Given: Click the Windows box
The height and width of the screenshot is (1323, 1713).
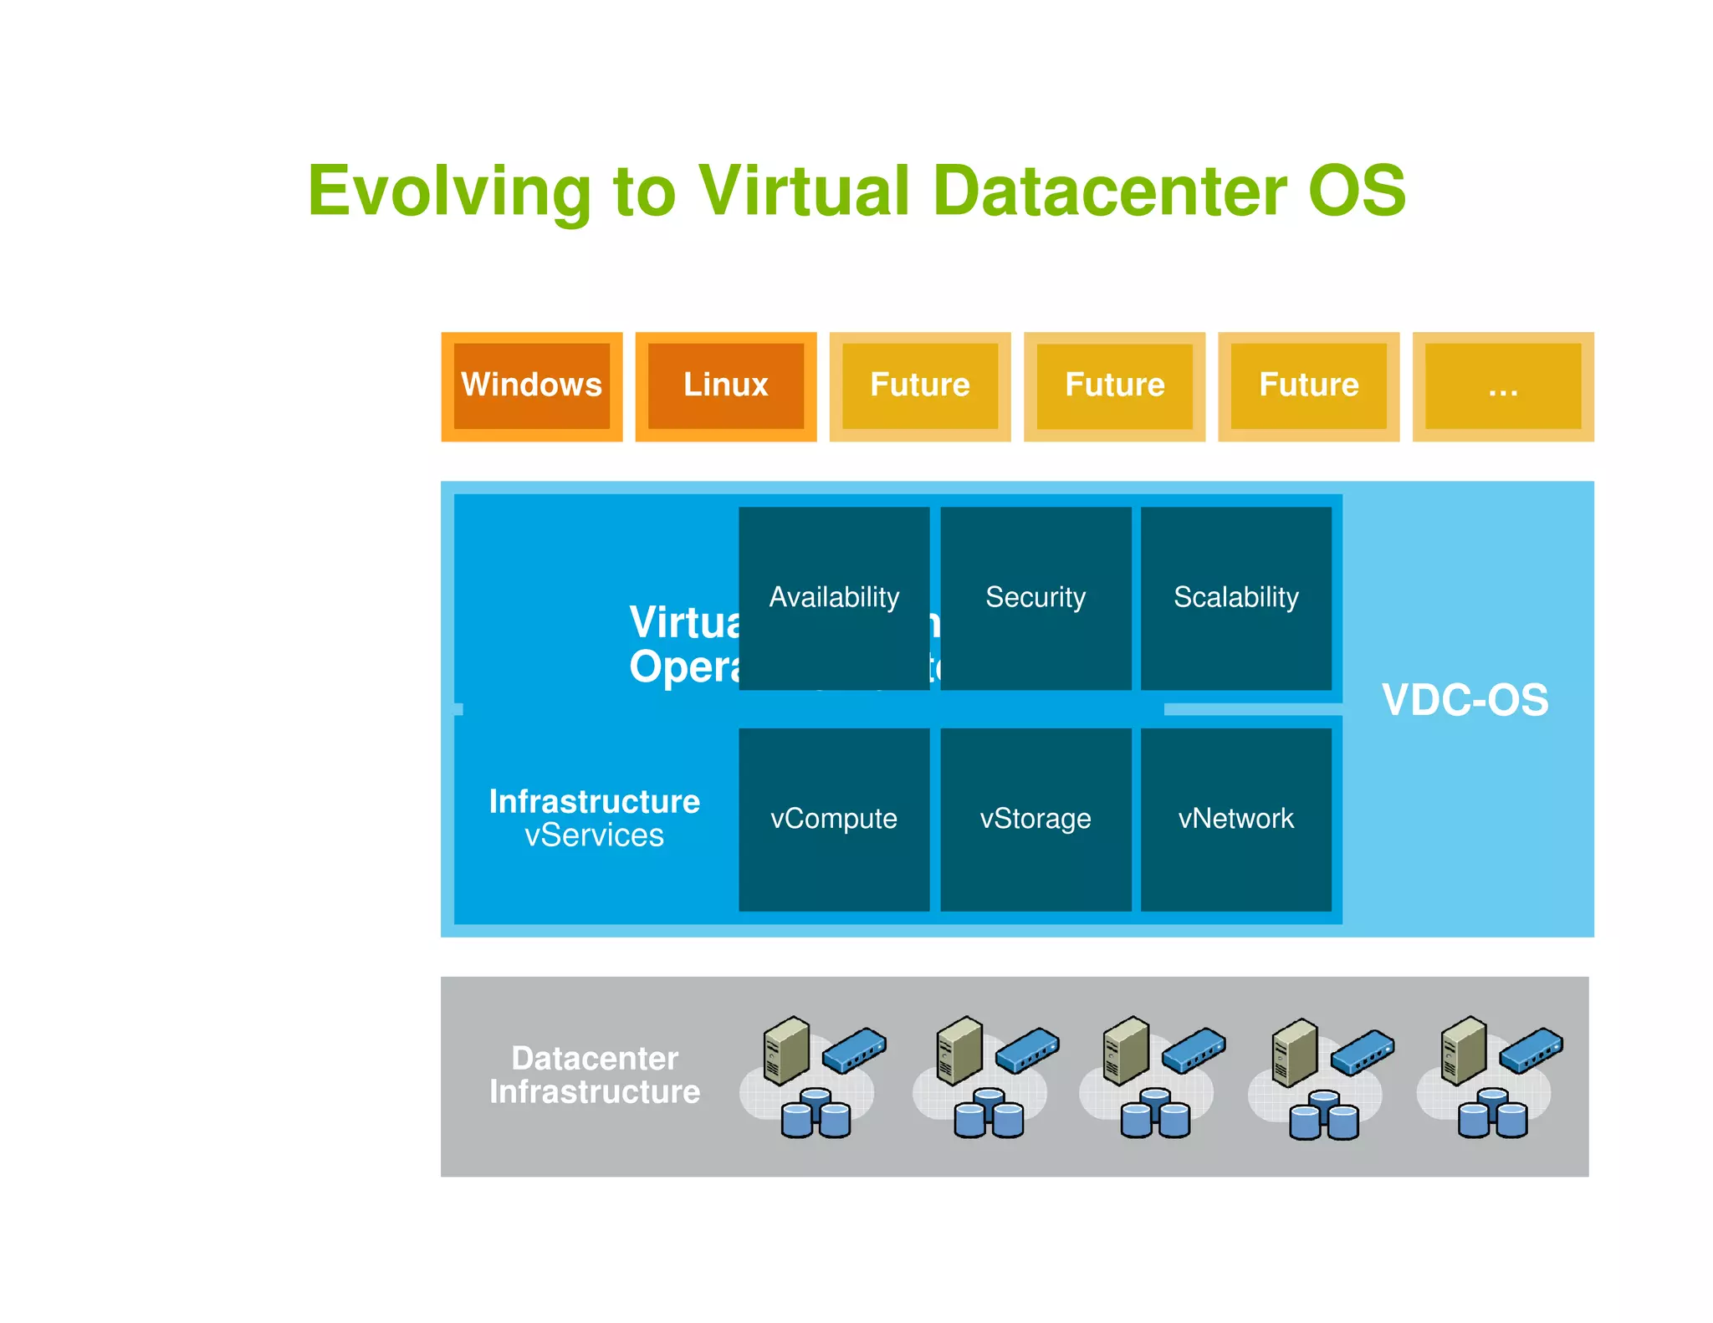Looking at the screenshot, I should (531, 386).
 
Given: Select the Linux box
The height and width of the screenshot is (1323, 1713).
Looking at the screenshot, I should (725, 386).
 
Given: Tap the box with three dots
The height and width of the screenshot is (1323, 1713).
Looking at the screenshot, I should (1502, 386).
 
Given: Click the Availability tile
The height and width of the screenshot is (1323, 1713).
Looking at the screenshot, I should (834, 597).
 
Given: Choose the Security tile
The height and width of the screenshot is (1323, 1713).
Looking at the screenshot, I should (1035, 597).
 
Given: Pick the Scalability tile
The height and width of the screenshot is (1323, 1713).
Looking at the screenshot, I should (1235, 597).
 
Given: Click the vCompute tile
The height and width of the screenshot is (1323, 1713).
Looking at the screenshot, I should (834, 818).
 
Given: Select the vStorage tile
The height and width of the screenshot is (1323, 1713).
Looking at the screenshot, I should (1035, 818).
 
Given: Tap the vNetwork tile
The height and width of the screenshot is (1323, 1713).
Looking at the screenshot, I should (1235, 818).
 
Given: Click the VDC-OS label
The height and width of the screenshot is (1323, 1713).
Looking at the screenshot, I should (1465, 700).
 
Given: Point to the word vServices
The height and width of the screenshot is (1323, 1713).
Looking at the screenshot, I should (594, 835).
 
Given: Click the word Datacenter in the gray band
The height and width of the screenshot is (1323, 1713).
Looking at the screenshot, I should (595, 1058).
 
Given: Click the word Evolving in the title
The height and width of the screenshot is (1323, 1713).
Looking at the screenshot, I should (450, 192).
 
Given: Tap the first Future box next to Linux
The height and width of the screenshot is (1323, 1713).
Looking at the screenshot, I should (920, 386).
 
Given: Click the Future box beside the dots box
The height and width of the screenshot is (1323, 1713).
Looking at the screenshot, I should (1308, 386).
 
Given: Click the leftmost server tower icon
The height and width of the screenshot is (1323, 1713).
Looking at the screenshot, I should (786, 1050).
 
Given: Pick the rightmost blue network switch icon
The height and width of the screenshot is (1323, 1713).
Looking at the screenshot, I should (1531, 1050).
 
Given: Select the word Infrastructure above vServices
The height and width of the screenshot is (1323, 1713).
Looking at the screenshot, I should (594, 801).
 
